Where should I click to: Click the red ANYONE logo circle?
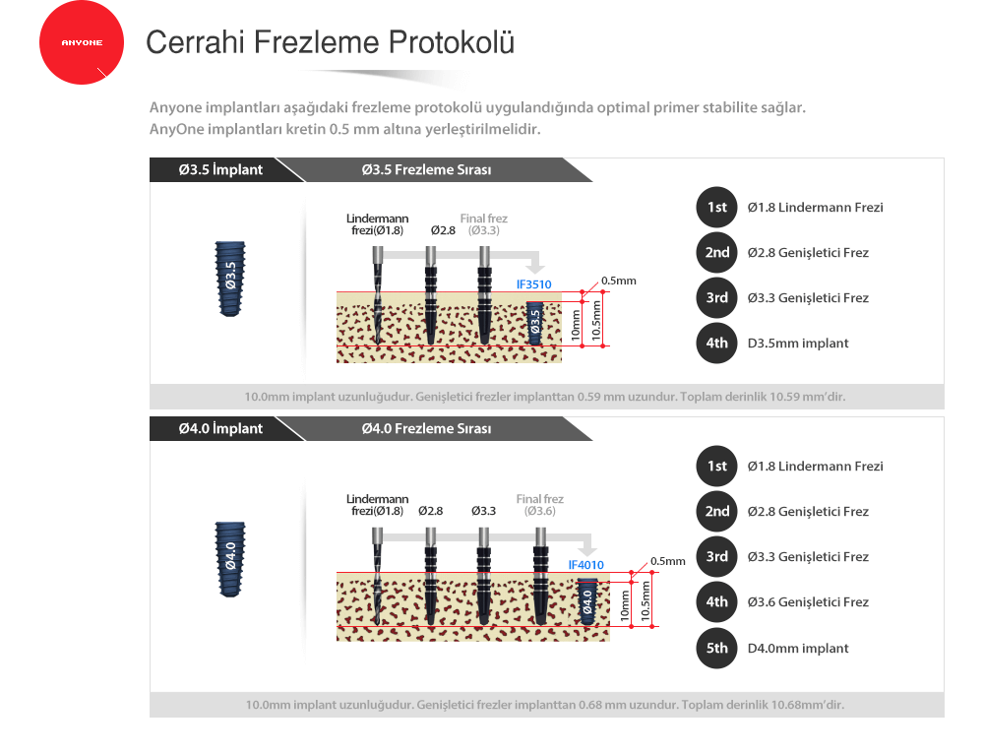point(82,42)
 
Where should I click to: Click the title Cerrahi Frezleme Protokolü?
point(330,42)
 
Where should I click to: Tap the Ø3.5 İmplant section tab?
point(220,170)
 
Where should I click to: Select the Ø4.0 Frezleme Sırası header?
point(427,428)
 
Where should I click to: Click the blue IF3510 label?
point(534,284)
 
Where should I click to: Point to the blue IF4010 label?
point(586,565)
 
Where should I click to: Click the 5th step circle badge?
point(716,649)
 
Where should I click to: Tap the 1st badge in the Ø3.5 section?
point(716,207)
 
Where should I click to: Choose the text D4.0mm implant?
point(798,649)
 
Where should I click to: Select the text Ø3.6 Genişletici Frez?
point(808,602)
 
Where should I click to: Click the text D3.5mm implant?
point(798,344)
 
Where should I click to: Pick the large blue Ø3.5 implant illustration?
point(230,279)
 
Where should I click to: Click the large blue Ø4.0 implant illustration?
point(230,559)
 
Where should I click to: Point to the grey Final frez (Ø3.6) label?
point(539,505)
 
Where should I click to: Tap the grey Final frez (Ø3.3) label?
point(484,224)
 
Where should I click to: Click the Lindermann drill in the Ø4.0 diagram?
point(377,576)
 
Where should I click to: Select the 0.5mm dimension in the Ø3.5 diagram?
point(619,281)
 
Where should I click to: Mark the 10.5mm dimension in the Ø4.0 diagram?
point(646,600)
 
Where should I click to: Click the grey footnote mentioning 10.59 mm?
point(545,397)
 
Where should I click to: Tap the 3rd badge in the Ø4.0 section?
point(716,556)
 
